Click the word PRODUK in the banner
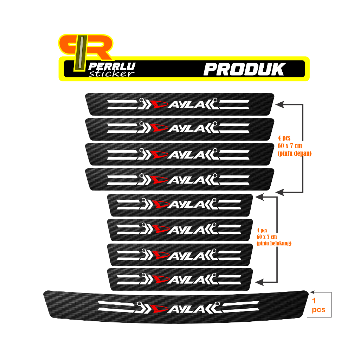tap(244, 69)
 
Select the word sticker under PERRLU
tap(112, 73)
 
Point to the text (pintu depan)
tap(294, 153)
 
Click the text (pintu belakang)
tap(274, 243)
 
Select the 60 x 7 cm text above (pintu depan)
tap(289, 146)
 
